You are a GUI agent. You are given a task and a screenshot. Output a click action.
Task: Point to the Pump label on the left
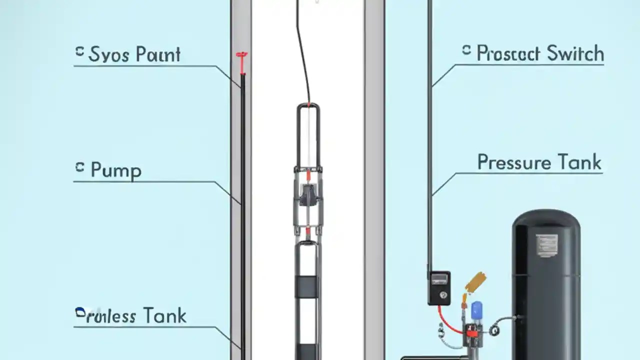(x=116, y=170)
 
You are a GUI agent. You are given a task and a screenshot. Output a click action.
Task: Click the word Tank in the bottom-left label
(x=164, y=316)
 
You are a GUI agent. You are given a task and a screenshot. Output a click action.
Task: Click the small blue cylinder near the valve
(x=476, y=310)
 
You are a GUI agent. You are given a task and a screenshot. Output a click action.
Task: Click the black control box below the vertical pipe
(x=438, y=287)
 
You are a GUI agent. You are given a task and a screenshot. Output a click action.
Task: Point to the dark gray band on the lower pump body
(x=306, y=285)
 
